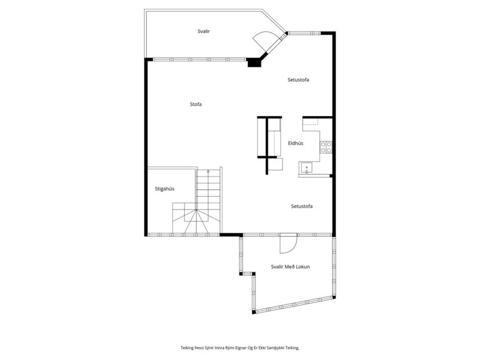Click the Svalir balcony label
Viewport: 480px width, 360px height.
click(x=204, y=31)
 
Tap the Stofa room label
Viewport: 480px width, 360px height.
click(x=196, y=105)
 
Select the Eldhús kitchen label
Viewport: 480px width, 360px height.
click(x=295, y=143)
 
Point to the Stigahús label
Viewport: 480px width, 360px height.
click(x=164, y=189)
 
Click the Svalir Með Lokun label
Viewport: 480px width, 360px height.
click(x=290, y=267)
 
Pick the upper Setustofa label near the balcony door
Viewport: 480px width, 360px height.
click(x=298, y=80)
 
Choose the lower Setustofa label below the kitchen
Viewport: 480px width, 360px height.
click(x=302, y=206)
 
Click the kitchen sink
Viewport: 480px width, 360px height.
click(x=306, y=168)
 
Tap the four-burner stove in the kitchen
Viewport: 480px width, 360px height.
click(x=326, y=147)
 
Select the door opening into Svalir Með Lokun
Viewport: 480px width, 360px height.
click(x=288, y=244)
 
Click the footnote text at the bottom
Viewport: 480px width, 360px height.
click(x=240, y=348)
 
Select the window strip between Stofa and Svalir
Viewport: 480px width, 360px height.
click(x=199, y=60)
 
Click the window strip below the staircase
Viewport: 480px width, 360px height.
click(x=183, y=235)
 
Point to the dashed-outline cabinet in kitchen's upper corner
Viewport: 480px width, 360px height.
click(x=311, y=121)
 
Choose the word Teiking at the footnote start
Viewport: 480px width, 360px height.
click(x=186, y=348)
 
